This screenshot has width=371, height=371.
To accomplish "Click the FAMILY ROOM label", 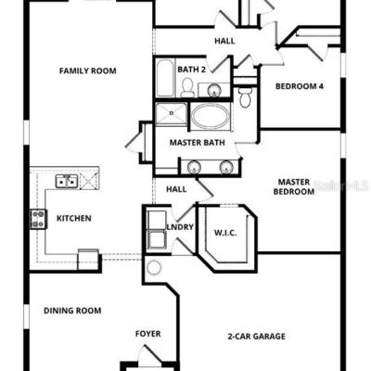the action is pos(88,70).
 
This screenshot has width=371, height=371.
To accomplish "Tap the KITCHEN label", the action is pos(74,218).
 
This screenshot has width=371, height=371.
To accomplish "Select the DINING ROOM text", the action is pos(72,311).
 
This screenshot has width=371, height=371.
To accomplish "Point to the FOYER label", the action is pos(148,334).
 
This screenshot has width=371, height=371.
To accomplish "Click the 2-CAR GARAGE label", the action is pos(256,336).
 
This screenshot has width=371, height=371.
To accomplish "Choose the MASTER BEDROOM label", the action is pos(294,186).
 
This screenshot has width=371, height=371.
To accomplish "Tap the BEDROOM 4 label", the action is pos(300,86).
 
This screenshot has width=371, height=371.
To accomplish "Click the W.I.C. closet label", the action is pos(225,233).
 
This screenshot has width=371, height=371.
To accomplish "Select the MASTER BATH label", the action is pos(198,143).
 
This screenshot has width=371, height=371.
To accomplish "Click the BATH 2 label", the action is pos(191,70).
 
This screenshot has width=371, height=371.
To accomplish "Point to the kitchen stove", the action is pos(38,219).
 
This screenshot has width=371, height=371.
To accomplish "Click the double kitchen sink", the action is pos(67,181).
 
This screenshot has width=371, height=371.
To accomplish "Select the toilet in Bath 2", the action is pos(187,87).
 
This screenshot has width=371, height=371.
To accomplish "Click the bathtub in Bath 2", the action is pos(165,78).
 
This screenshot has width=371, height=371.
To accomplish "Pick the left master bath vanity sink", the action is pos(194,167).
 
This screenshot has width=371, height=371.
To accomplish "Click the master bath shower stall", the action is pos(171,114).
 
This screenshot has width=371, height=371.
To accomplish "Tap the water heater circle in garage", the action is pos(154,267).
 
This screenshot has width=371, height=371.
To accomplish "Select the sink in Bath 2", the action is pos(214,90).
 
